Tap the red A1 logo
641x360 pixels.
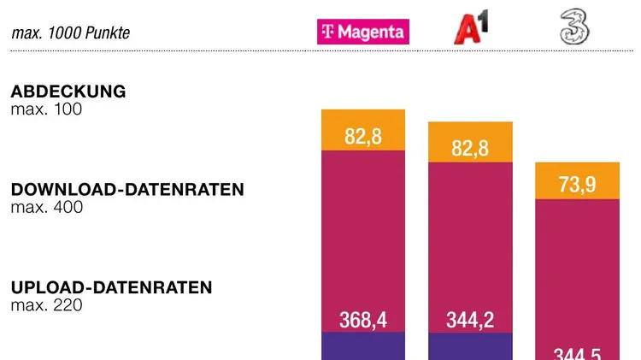click(470, 28)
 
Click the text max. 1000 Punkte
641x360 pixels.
click(71, 33)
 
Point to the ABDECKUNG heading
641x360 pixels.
click(68, 91)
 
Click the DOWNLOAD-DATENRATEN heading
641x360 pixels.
click(127, 190)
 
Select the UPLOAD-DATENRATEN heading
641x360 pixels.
click(111, 287)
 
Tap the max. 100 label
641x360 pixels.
click(46, 109)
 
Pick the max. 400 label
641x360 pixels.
click(46, 207)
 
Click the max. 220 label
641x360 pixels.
click(46, 304)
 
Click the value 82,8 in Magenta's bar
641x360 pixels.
click(363, 137)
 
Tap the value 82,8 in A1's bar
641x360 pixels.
click(470, 148)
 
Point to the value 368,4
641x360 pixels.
click(363, 320)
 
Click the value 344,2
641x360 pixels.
click(470, 320)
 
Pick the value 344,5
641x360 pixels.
click(577, 353)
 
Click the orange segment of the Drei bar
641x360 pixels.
click(577, 171)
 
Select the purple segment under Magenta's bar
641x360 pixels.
click(363, 346)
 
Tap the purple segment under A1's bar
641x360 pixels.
click(470, 346)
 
